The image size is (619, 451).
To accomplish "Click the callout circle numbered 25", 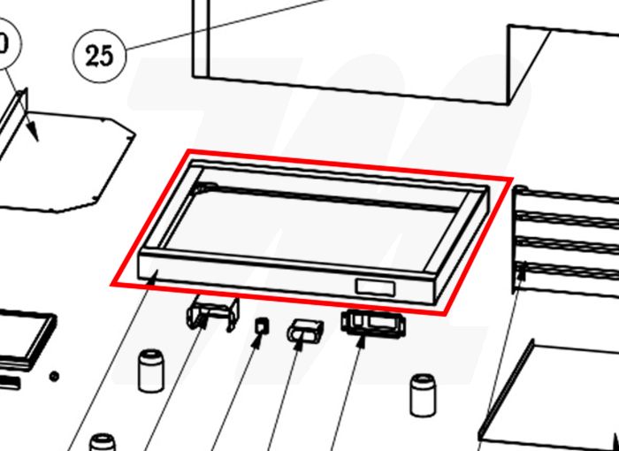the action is point(99,56).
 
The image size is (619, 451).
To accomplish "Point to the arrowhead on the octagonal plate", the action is point(34,133).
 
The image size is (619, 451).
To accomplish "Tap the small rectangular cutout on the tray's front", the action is point(375,287).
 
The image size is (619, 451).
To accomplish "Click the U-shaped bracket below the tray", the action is point(213,313).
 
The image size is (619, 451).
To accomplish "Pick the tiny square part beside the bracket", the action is point(262,325).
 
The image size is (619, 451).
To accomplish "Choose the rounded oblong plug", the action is point(305,331).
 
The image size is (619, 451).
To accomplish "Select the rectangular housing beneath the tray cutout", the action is point(373,323).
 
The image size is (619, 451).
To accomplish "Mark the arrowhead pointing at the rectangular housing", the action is point(361,341).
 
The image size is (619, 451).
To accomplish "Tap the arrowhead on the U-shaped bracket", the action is point(203,321).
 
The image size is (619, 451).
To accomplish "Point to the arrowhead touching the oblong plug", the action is point(299,343).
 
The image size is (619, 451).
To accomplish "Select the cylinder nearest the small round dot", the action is point(151,371).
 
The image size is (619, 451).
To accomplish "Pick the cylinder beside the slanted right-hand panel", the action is point(424,395).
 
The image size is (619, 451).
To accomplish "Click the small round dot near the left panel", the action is point(54,377).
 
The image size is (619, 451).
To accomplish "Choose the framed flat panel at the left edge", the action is point(26,340).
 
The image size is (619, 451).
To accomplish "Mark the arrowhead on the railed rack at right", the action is point(522,270).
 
